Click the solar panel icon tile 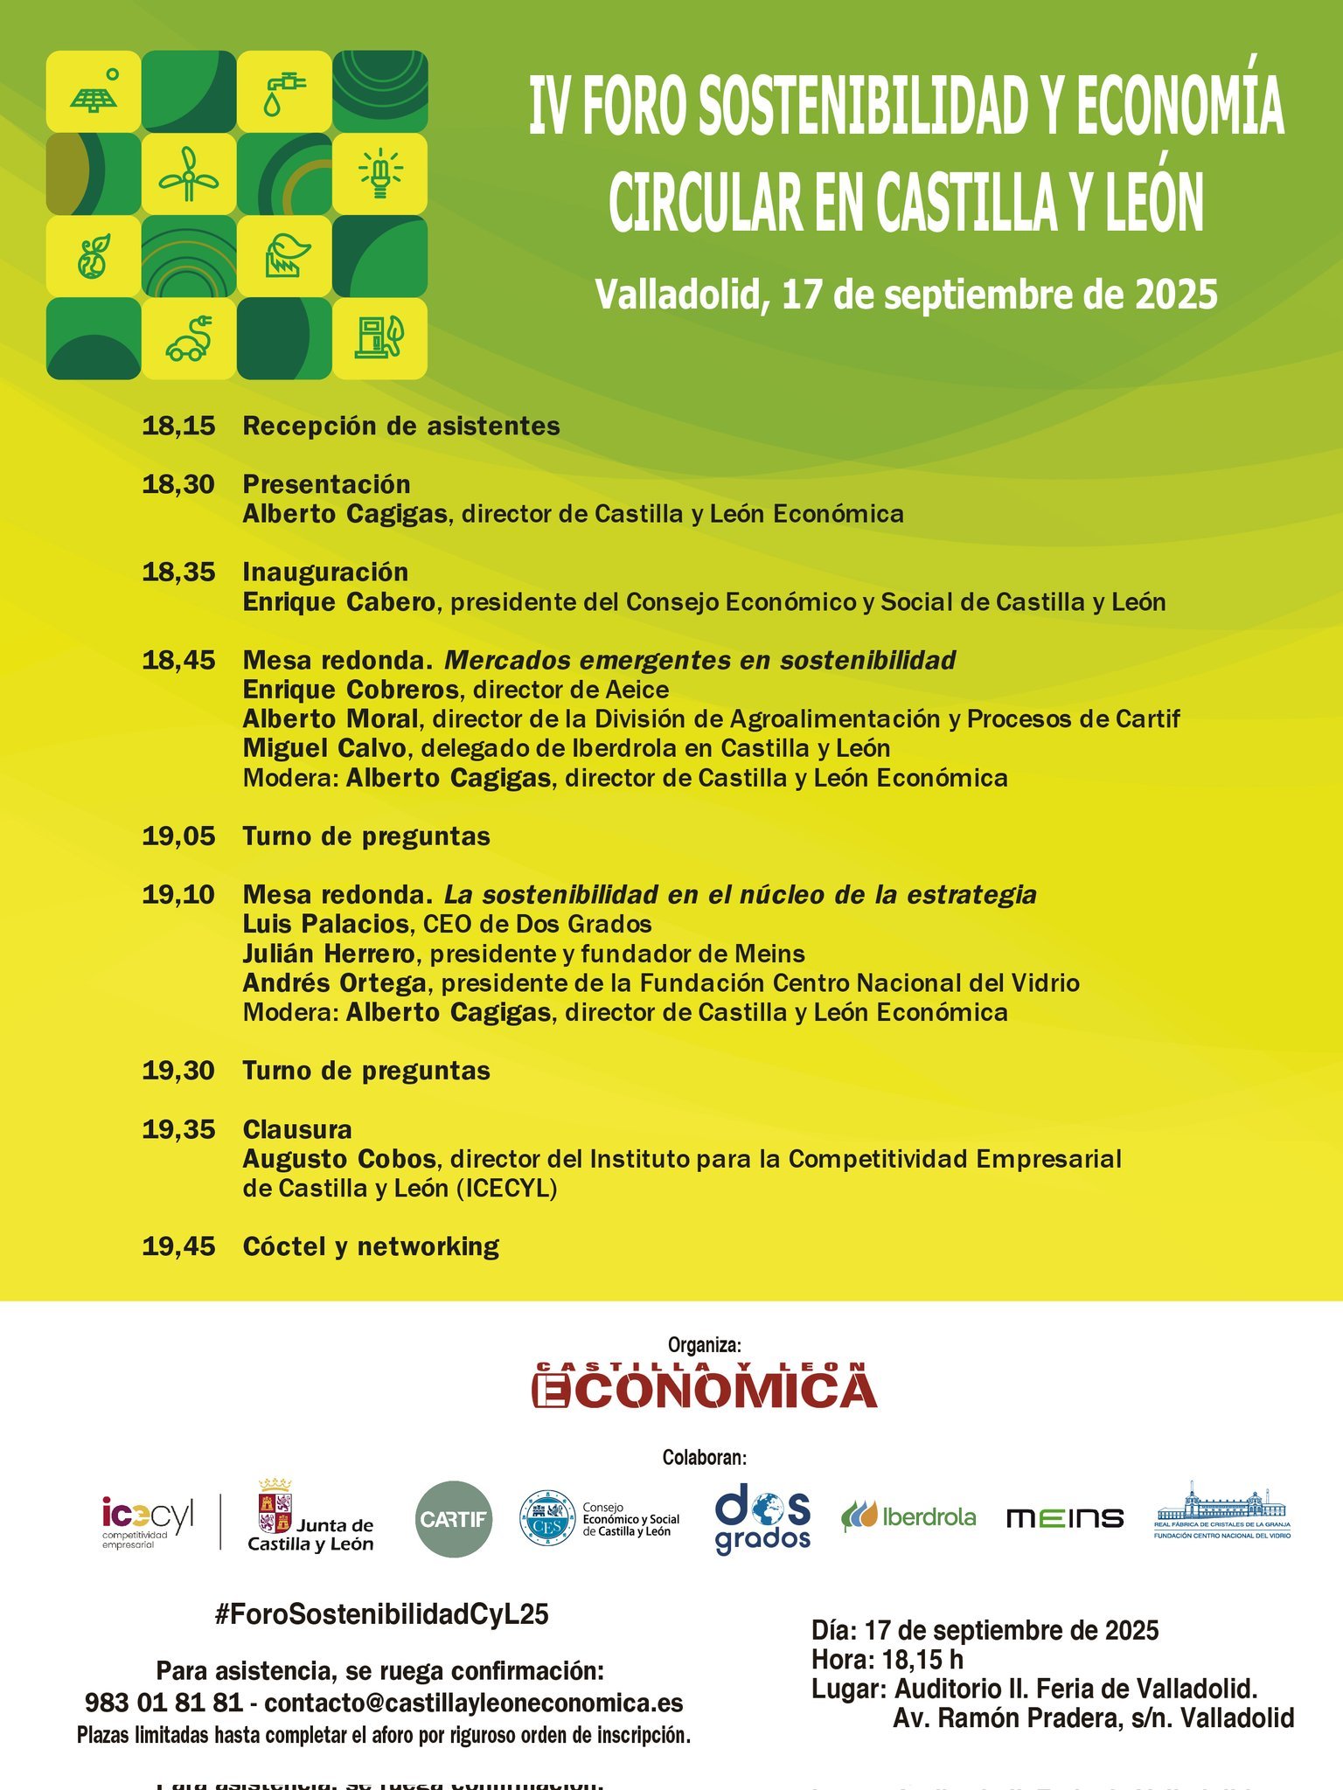coord(94,92)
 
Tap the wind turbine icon coord(189,174)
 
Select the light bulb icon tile coord(379,174)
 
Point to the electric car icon coord(189,339)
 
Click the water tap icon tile coord(284,92)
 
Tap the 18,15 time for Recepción coord(178,427)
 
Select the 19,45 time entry coord(178,1246)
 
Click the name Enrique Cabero coord(338,602)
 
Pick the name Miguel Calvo coord(324,749)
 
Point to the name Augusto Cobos coord(339,1159)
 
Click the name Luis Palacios coord(325,924)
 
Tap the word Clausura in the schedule coord(297,1129)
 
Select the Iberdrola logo coord(908,1517)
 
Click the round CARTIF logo coord(453,1519)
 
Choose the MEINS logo coord(1065,1518)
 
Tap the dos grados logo coord(762,1519)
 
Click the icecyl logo coord(147,1517)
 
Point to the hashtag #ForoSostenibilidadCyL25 coord(381,1614)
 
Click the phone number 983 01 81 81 coord(164,1703)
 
